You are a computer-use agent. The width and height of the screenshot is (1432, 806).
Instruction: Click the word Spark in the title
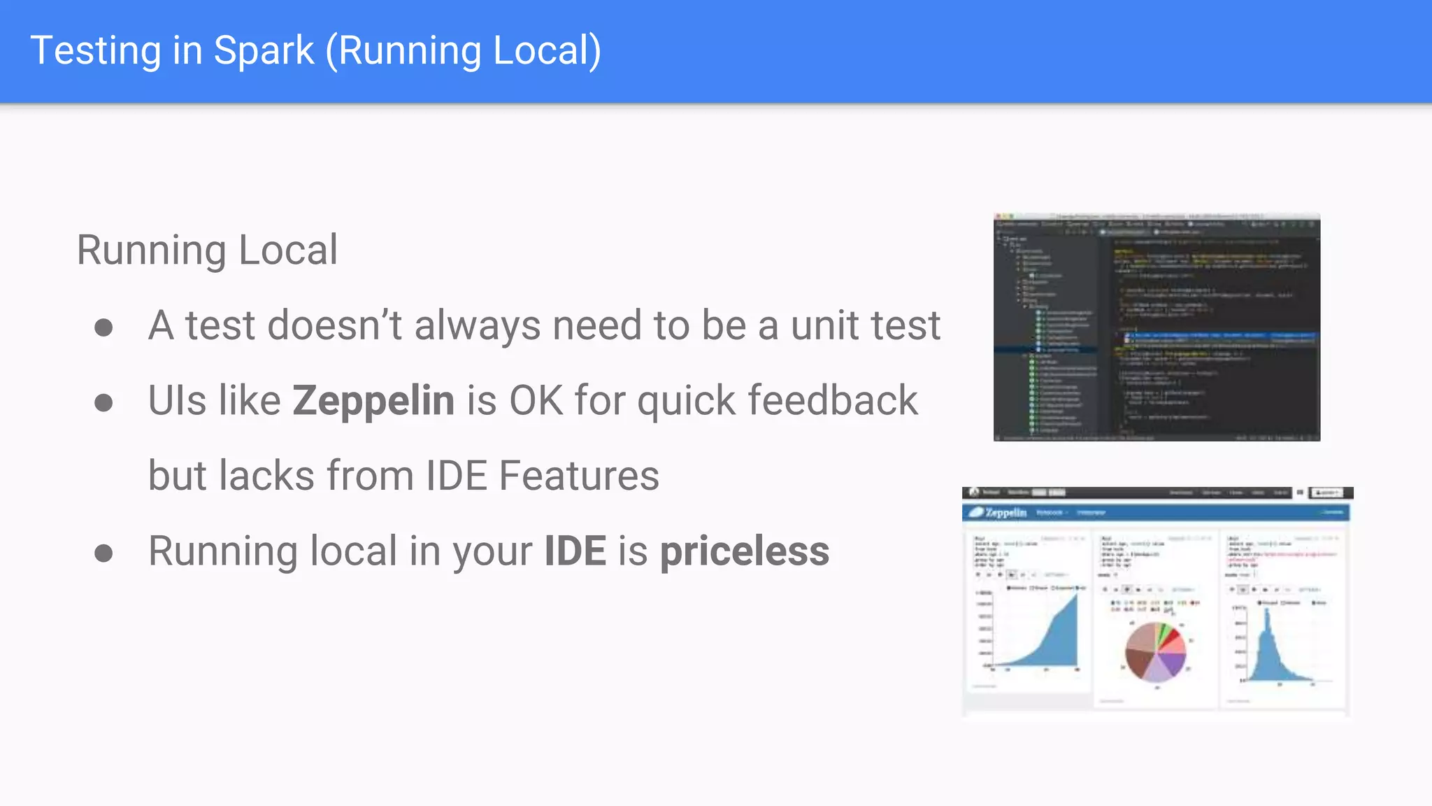point(264,51)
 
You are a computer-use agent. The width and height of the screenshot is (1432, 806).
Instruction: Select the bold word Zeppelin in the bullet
point(373,401)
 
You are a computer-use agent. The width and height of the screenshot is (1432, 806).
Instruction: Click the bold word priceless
point(745,551)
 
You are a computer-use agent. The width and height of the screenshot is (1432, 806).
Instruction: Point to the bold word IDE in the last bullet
point(575,551)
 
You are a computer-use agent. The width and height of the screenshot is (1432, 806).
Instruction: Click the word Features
point(579,476)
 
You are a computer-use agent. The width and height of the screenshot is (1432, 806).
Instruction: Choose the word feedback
point(833,401)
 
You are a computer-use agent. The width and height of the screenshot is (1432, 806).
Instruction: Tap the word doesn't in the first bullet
point(335,326)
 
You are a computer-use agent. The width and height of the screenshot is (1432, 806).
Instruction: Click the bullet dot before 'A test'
point(103,327)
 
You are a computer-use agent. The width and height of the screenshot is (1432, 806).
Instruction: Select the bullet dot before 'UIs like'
point(103,402)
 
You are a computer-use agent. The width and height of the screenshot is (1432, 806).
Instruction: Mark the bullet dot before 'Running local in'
point(103,553)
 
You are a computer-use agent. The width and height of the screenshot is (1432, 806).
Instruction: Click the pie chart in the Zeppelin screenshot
point(1155,651)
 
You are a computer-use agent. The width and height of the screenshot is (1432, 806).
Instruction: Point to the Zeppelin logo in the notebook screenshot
point(998,513)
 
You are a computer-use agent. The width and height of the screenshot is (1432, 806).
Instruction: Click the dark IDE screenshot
point(1157,327)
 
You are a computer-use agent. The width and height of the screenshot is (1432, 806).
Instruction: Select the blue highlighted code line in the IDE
point(1219,337)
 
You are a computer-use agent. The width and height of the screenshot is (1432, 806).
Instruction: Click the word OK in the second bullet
point(536,401)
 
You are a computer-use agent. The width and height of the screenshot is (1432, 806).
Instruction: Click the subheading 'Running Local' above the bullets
point(207,250)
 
